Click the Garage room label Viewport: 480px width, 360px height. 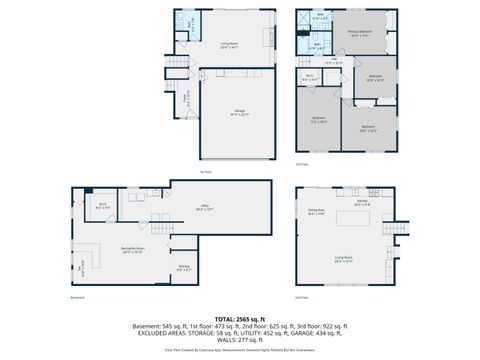click(x=240, y=112)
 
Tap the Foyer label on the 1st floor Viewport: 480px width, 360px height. click(x=185, y=99)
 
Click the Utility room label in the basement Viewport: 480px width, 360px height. click(x=203, y=208)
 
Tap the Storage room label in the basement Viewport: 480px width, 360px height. click(x=183, y=267)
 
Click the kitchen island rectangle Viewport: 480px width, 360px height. click(x=356, y=218)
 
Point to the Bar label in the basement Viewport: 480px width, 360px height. click(x=82, y=265)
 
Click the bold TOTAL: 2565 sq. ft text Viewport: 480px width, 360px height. click(x=240, y=316)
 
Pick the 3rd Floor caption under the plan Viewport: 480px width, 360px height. click(x=302, y=163)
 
